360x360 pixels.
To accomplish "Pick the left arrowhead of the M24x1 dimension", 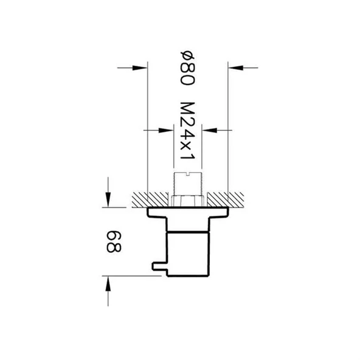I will click(x=170, y=130).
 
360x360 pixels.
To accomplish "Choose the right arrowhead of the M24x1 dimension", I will click(x=207, y=130).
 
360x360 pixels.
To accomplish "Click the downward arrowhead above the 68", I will click(x=108, y=200).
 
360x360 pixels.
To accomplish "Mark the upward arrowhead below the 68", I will click(x=108, y=283).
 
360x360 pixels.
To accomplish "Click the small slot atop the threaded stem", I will click(x=188, y=175).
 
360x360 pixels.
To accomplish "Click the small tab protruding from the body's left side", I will click(x=158, y=266).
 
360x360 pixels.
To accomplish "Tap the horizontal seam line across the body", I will click(x=188, y=234).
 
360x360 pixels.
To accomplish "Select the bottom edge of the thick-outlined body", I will click(x=188, y=276).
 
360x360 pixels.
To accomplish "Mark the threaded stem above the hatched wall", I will click(x=188, y=184).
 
